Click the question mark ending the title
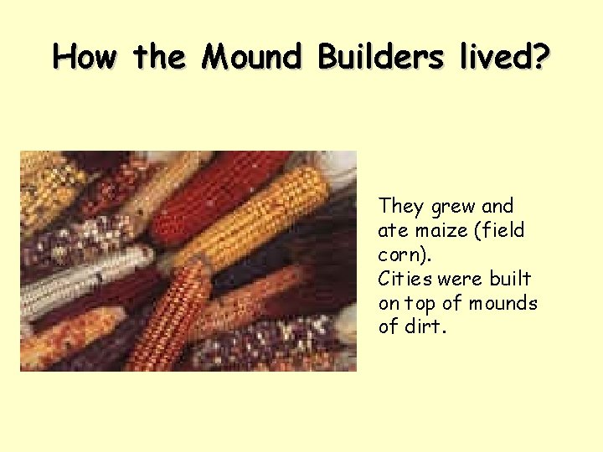click(x=541, y=57)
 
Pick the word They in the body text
click(x=402, y=206)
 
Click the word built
click(x=512, y=279)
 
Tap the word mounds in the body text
click(x=502, y=303)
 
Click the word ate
click(x=393, y=230)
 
